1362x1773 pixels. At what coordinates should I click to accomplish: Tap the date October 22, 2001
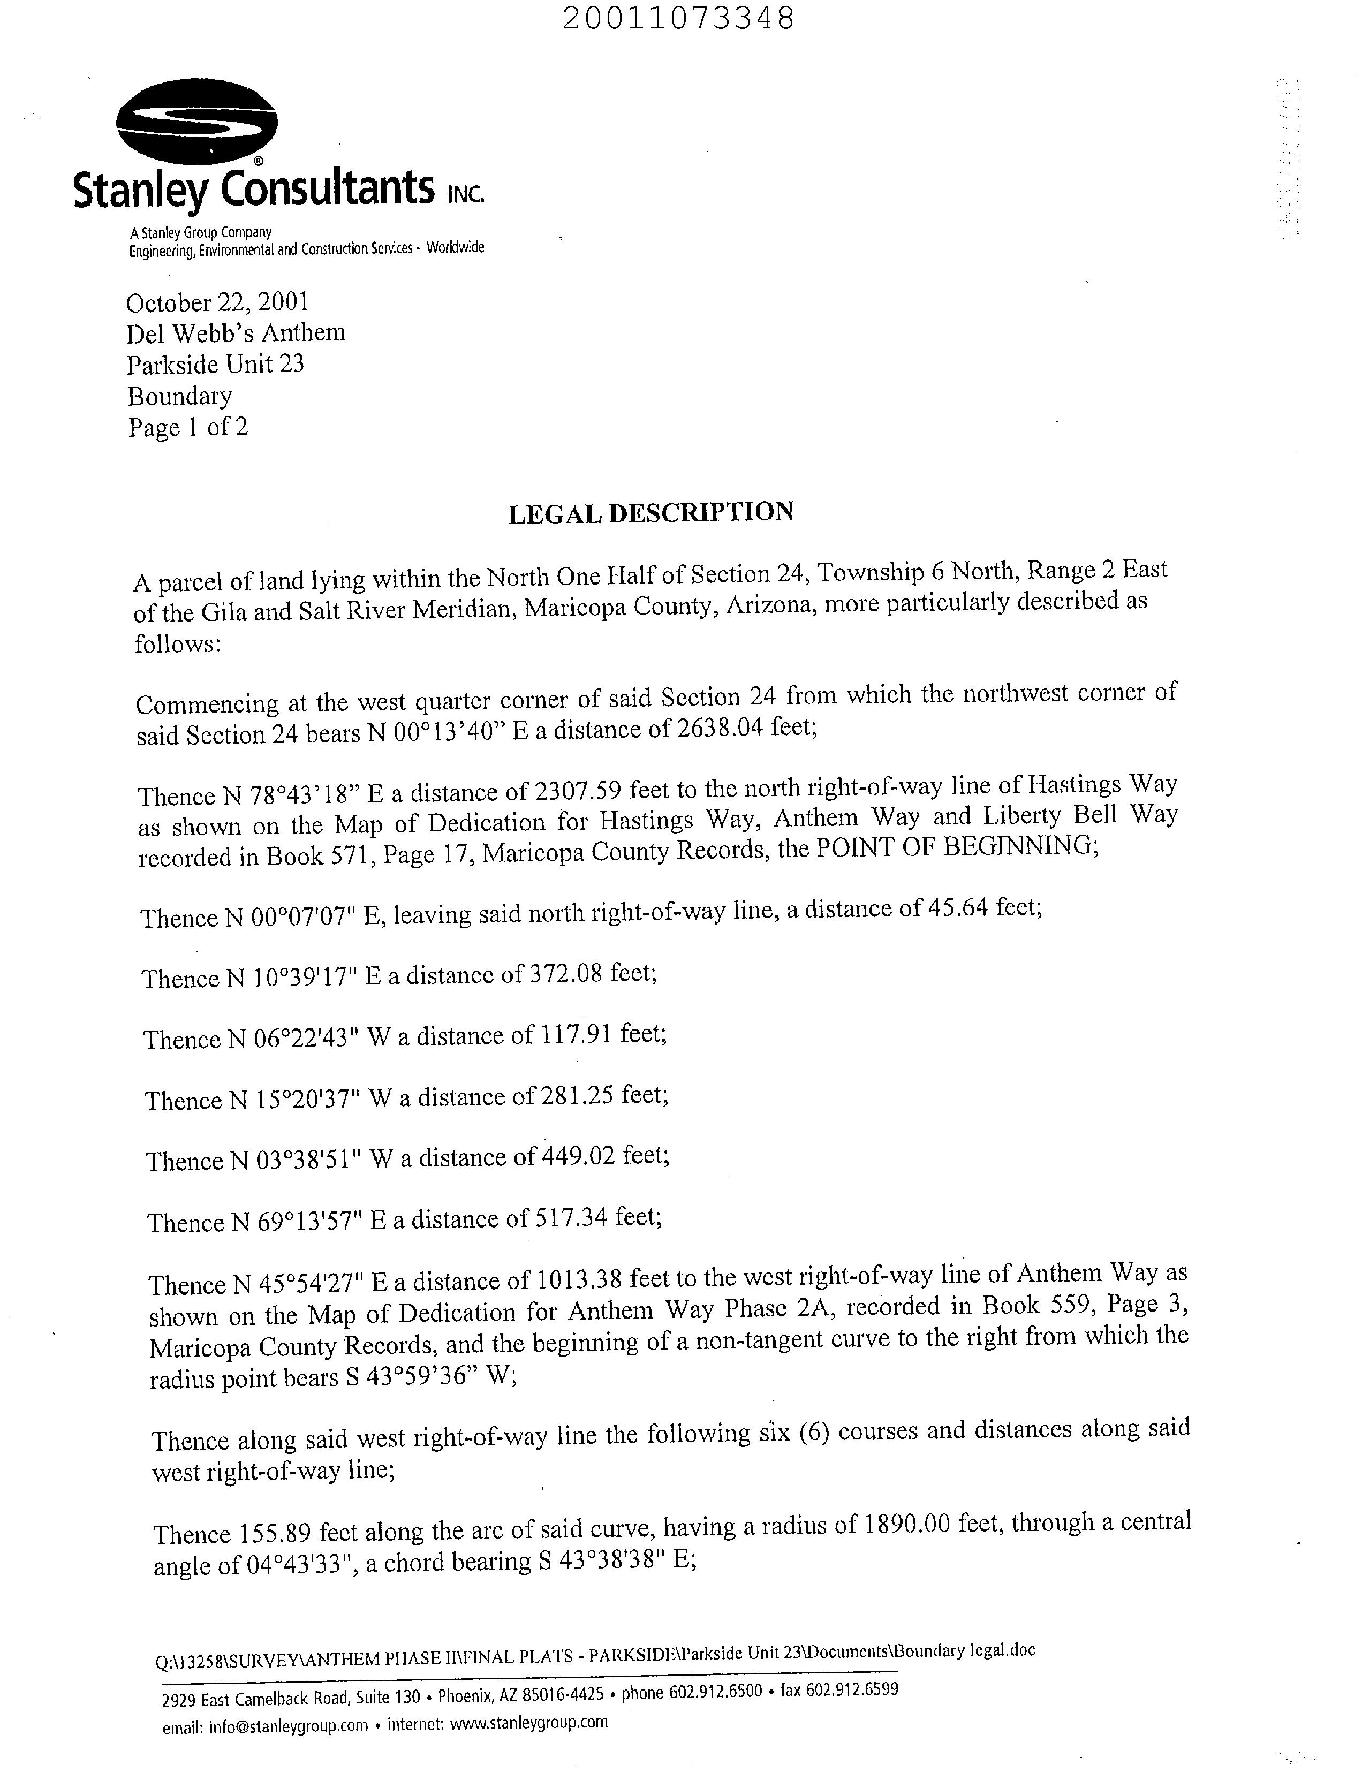tap(217, 302)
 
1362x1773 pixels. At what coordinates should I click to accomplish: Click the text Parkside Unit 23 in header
tap(216, 364)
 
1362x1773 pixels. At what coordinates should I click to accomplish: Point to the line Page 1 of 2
tap(187, 427)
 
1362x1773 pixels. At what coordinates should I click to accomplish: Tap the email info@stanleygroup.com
tap(289, 1724)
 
